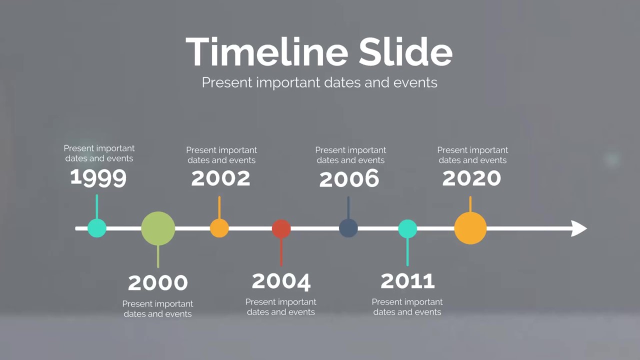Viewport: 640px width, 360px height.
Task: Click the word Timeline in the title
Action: click(267, 51)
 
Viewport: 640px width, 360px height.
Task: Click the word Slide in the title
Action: click(405, 51)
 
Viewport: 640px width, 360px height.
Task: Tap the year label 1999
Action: click(98, 177)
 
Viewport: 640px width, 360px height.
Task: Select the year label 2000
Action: click(158, 282)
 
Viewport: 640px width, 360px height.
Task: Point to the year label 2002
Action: click(220, 178)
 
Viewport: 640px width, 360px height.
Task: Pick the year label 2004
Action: click(281, 281)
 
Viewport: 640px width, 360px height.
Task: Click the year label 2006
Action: click(349, 178)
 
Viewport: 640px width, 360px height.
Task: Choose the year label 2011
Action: click(407, 281)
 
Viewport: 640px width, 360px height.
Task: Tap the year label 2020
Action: click(471, 178)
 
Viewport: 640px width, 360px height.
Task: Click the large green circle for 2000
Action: click(158, 228)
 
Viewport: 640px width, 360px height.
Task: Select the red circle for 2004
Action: click(281, 228)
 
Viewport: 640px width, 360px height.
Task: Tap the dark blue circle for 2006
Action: click(348, 228)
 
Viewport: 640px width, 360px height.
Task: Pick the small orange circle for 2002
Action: click(219, 228)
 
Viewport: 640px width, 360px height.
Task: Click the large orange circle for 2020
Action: click(470, 228)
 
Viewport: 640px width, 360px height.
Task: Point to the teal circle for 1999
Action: click(97, 228)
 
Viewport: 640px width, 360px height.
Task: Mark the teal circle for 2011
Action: click(407, 228)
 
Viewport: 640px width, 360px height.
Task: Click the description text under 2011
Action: click(407, 307)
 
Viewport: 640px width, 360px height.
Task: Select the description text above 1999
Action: click(99, 153)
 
